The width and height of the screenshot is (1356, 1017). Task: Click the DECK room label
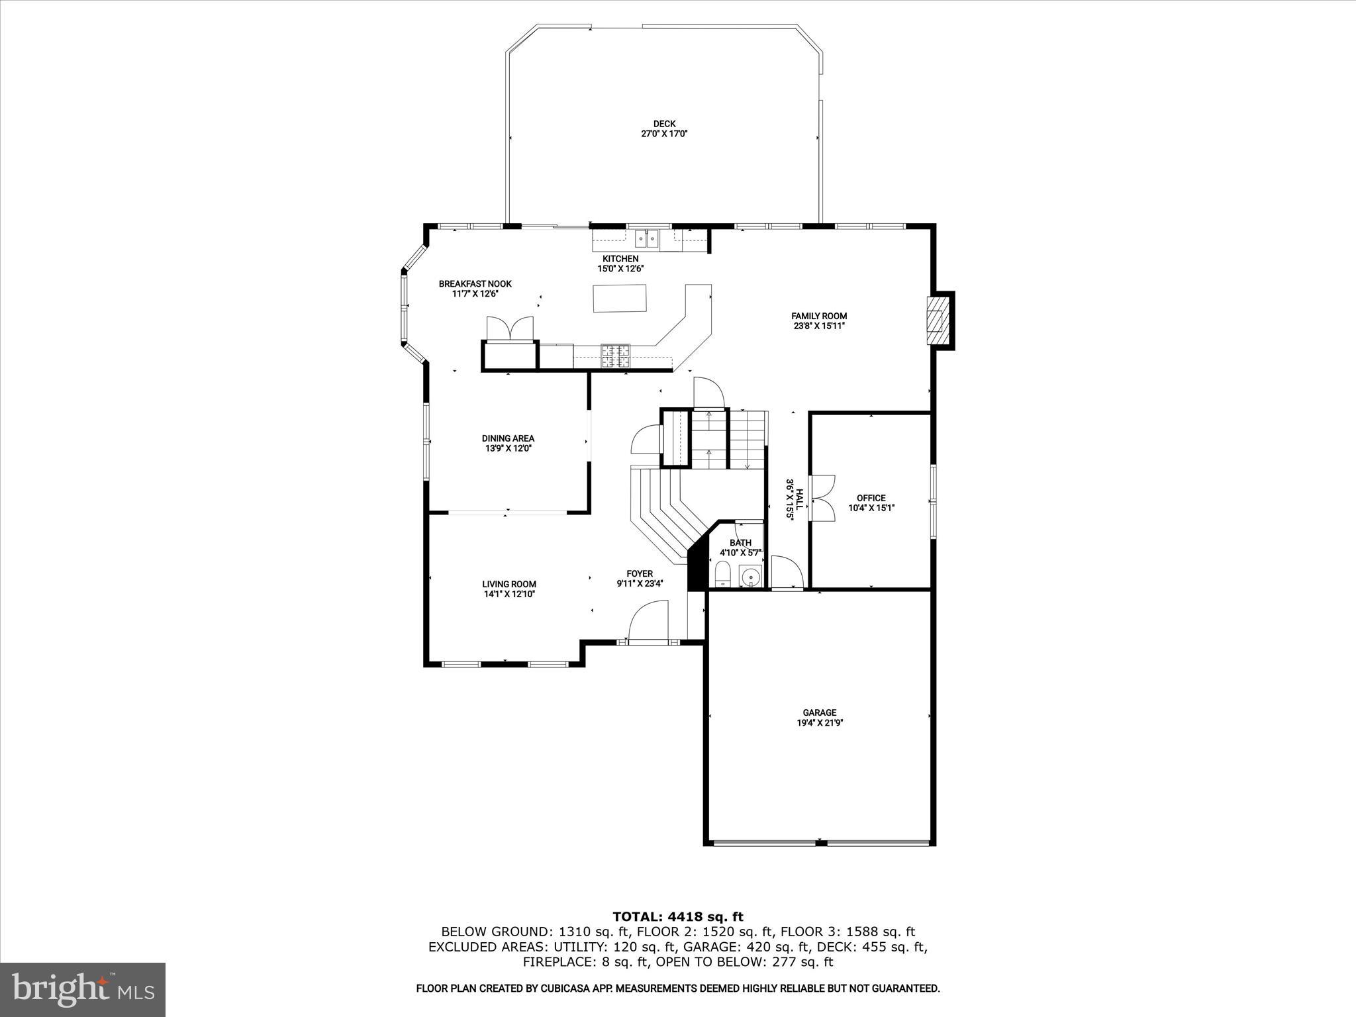click(x=664, y=124)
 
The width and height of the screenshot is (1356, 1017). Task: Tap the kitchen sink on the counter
click(x=646, y=237)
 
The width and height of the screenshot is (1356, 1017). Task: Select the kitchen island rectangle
click(x=619, y=298)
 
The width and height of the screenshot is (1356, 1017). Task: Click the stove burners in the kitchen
click(x=616, y=356)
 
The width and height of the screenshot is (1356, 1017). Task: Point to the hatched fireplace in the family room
click(x=936, y=320)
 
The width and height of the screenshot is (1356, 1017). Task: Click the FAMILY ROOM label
click(x=819, y=316)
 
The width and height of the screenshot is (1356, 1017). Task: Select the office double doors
click(x=822, y=499)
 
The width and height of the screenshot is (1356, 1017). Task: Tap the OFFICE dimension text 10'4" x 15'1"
click(x=871, y=508)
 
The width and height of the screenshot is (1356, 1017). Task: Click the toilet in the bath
click(x=722, y=573)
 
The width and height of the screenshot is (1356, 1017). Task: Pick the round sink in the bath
click(x=750, y=577)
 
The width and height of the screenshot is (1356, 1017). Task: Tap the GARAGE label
click(x=820, y=712)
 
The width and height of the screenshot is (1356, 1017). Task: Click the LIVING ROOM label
click(x=508, y=584)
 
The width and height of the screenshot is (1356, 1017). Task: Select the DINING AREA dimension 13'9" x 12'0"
click(x=508, y=448)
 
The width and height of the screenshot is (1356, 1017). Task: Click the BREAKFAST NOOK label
click(x=475, y=284)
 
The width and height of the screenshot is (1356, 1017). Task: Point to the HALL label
click(x=799, y=499)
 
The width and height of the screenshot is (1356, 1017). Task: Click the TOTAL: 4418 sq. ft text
click(x=677, y=916)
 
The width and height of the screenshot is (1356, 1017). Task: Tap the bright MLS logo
click(x=83, y=989)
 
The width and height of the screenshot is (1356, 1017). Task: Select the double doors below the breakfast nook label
click(x=509, y=329)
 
